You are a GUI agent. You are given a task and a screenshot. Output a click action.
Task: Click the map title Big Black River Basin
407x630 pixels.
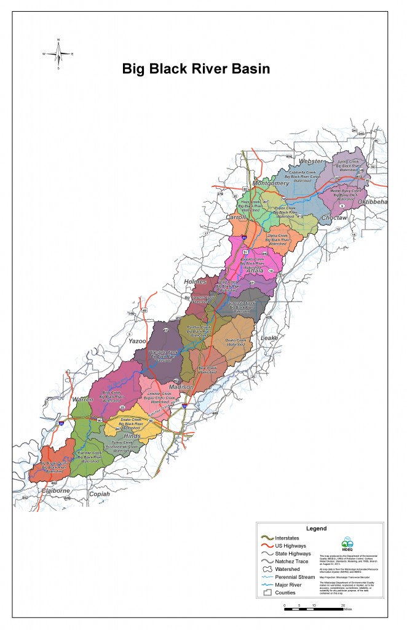tap(196, 68)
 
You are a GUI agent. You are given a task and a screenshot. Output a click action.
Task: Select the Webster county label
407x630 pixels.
tap(310, 161)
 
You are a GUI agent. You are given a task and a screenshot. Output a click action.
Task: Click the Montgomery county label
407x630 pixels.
tap(271, 183)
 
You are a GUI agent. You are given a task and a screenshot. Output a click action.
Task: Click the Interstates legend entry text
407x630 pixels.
tap(293, 538)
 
